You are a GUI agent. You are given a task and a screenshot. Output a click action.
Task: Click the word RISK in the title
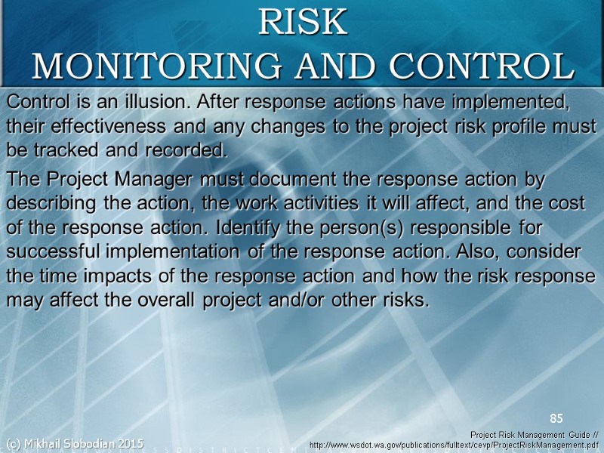click(303, 23)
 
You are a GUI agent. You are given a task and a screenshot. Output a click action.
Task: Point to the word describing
click(54, 204)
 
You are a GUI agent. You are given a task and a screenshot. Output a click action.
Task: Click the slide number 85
click(556, 418)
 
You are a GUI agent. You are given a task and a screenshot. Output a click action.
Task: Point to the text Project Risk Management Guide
click(528, 435)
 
